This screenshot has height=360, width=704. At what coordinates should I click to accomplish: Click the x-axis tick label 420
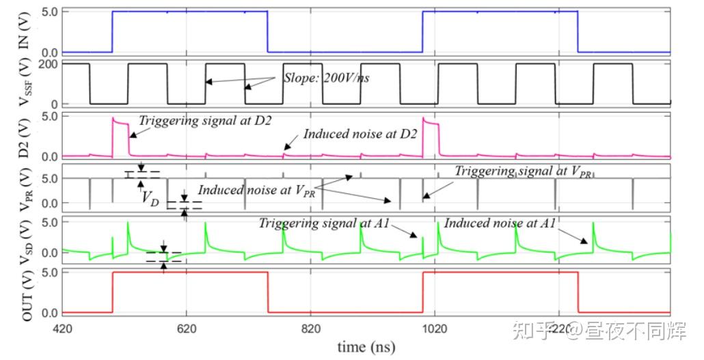(62, 328)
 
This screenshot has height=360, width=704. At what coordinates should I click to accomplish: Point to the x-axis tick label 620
(186, 328)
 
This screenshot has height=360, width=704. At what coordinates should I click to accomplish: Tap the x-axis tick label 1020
(435, 328)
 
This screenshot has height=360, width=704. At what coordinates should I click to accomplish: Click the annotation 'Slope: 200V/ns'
(326, 78)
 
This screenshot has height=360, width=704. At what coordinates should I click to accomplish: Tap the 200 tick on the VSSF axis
(51, 64)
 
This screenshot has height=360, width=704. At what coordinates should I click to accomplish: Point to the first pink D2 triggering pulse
(120, 126)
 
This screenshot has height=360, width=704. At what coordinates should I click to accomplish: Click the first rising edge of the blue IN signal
(112, 31)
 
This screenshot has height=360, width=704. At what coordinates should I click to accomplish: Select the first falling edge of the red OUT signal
(267, 292)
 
